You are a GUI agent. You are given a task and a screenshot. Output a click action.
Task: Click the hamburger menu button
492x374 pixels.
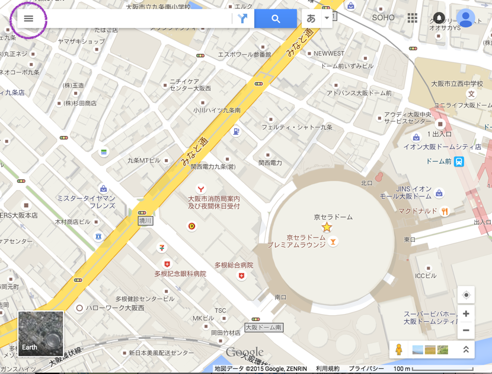(28, 18)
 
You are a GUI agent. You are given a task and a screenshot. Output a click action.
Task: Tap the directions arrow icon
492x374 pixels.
(242, 18)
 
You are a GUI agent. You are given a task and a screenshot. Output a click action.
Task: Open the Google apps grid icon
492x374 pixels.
(413, 18)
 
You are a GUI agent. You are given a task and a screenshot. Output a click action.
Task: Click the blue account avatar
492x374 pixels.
(465, 18)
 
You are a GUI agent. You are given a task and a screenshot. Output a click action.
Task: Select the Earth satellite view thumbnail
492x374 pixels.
(40, 334)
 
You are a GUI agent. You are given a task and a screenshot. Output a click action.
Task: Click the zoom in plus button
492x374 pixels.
(466, 313)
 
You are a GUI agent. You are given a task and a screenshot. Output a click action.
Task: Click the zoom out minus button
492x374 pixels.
(466, 330)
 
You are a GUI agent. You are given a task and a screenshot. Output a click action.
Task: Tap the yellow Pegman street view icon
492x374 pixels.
(399, 350)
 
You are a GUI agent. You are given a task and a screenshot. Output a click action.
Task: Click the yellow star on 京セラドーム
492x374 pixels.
(327, 227)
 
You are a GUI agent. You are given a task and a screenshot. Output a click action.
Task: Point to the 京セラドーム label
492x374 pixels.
(333, 217)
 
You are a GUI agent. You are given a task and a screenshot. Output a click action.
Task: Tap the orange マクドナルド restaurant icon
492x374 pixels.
(445, 211)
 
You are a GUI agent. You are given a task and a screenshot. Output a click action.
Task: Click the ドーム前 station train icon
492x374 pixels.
(459, 161)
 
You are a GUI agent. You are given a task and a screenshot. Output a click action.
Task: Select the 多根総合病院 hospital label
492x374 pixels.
(234, 265)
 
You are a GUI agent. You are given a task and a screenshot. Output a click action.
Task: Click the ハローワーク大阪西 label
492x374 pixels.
(115, 308)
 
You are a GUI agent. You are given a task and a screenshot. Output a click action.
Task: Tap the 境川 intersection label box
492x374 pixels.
(145, 221)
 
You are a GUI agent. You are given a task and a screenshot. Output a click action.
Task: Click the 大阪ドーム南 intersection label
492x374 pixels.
(264, 327)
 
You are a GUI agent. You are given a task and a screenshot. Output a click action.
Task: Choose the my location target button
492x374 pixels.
(466, 295)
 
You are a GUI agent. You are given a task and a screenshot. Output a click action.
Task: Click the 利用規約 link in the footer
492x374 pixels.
(328, 369)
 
